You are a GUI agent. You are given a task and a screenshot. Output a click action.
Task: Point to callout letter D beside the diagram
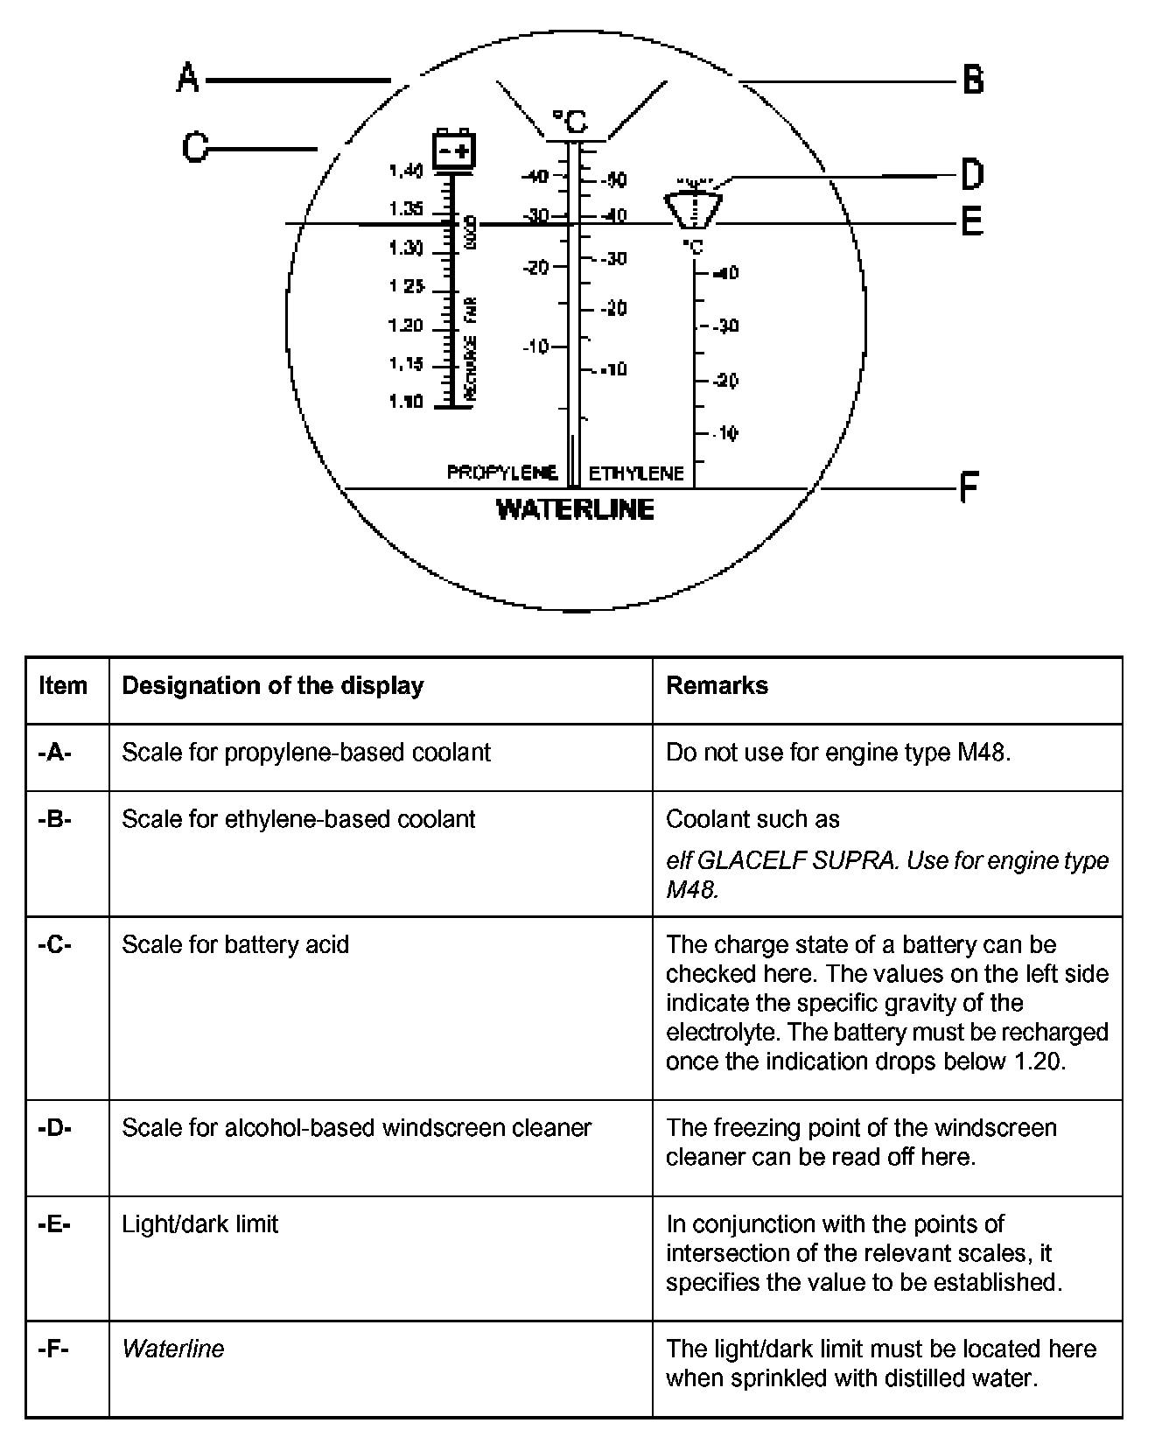pos(972,174)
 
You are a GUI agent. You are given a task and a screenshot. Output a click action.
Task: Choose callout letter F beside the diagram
pos(969,487)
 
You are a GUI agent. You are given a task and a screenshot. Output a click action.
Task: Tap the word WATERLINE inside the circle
pos(575,509)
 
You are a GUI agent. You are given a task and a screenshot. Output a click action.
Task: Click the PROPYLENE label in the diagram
pos(501,473)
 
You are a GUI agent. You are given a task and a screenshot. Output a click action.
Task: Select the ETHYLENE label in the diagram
pos(636,473)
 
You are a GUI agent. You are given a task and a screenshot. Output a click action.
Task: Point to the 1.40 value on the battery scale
pos(405,171)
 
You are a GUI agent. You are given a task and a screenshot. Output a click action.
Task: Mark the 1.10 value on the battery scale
pos(405,402)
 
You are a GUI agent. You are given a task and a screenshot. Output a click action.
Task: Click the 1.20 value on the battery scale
pos(405,326)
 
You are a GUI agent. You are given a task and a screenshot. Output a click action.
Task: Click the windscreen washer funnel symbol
pos(693,207)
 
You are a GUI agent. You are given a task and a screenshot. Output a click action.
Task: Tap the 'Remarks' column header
pos(717,685)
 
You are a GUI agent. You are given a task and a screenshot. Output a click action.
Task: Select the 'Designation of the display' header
pos(272,685)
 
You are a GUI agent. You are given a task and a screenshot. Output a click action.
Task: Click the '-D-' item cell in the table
pos(55,1127)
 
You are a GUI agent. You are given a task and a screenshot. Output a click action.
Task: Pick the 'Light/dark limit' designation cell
pos(199,1223)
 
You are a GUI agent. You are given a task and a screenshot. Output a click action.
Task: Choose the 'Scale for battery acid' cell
pos(234,944)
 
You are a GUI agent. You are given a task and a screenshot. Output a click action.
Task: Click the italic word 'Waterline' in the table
pos(172,1349)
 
